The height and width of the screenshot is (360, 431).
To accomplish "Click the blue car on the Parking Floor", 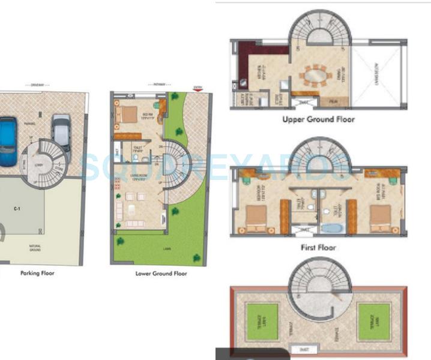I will (7, 142).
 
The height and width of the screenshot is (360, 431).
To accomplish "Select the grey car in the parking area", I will (61, 136).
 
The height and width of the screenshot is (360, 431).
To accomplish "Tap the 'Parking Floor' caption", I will (37, 273).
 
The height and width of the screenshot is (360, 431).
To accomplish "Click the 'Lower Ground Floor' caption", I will (161, 274).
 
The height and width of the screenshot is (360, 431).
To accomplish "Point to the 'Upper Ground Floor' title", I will (318, 119).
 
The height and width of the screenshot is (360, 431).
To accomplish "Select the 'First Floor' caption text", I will (318, 247).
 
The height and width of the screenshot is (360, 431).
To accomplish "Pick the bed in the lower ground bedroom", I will (127, 113).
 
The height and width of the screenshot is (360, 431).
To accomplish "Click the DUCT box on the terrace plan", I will (299, 349).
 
